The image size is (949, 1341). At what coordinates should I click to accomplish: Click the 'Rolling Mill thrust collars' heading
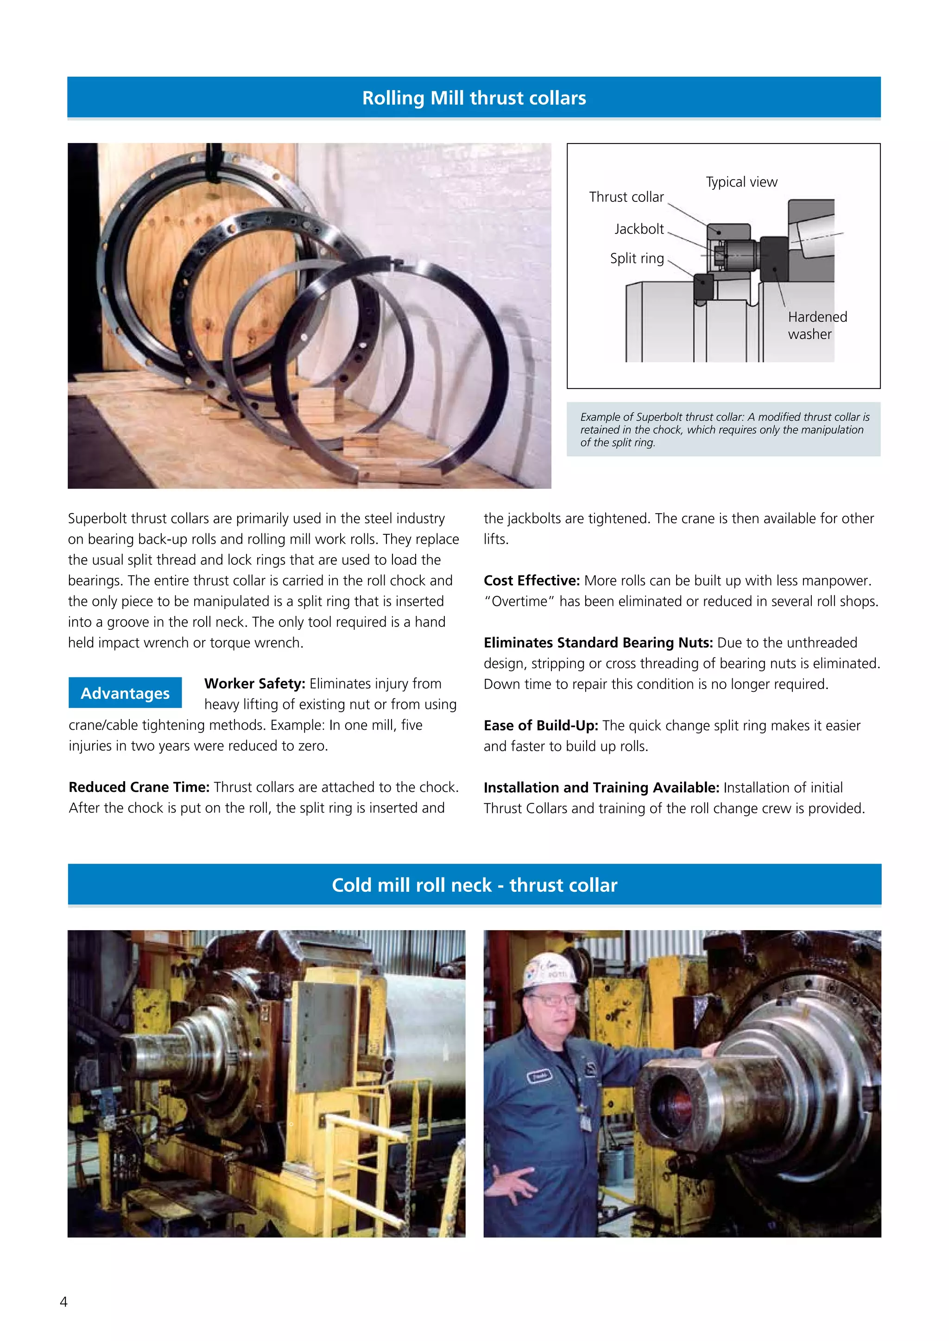[x=474, y=98]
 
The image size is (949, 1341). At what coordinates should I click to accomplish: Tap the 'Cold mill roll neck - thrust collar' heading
[x=474, y=885]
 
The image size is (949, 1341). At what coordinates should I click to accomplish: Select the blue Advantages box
[x=125, y=693]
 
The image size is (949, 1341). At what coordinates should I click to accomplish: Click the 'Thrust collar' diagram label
[x=626, y=197]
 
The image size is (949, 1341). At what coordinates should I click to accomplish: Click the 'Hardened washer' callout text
[x=816, y=326]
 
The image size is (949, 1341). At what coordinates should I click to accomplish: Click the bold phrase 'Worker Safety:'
[x=255, y=683]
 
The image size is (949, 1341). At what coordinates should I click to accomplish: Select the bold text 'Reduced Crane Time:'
[x=139, y=787]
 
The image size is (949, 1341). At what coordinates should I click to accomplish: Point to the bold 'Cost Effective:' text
[x=531, y=581]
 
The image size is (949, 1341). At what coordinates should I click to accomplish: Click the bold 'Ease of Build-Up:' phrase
[x=541, y=726]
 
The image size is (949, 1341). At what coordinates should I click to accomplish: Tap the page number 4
[x=63, y=1301]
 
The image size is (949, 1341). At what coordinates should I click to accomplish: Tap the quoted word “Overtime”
[x=519, y=602]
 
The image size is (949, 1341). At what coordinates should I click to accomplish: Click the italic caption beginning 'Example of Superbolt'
[x=723, y=429]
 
